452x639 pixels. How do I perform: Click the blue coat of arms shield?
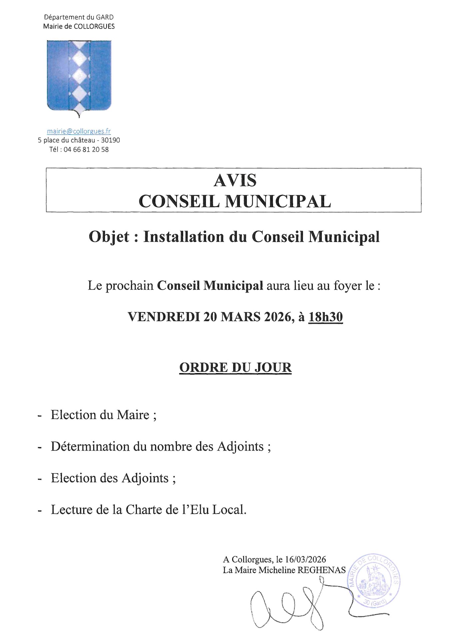click(x=79, y=76)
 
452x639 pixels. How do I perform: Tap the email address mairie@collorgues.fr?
click(x=79, y=131)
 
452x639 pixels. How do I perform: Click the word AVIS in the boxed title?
click(x=235, y=181)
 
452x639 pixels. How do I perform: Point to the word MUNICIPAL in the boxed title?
click(x=278, y=201)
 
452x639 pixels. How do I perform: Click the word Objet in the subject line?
click(x=109, y=237)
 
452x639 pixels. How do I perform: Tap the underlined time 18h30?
click(x=325, y=317)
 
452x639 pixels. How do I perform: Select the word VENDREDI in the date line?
click(x=164, y=317)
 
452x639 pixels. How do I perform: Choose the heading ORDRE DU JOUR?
click(x=235, y=367)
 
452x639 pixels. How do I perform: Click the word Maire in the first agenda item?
click(x=133, y=415)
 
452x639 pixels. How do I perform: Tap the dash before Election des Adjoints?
click(x=40, y=479)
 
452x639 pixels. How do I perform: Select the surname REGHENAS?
click(x=321, y=570)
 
